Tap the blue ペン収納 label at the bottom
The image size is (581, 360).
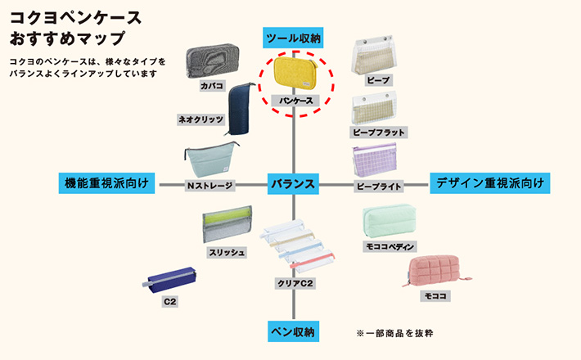[294, 331]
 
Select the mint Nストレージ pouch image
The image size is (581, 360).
[210, 162]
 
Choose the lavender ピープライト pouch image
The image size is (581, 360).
[377, 161]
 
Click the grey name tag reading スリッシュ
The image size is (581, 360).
[227, 252]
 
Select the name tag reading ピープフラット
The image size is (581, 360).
[377, 132]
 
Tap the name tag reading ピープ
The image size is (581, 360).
[378, 80]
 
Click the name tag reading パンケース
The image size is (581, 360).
[296, 100]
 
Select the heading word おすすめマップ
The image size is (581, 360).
[68, 38]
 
